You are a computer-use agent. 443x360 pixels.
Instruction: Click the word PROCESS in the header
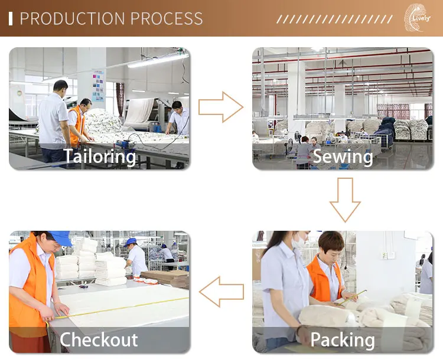click(167, 18)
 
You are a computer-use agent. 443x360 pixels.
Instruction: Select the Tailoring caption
click(100, 156)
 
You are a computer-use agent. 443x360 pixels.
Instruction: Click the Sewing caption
click(343, 156)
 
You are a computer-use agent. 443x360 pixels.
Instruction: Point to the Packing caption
click(343, 340)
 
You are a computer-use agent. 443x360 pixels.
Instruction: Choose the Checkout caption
click(99, 340)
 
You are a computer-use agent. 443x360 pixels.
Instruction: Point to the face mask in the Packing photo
click(299, 241)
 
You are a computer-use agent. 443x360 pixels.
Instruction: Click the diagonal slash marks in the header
click(334, 19)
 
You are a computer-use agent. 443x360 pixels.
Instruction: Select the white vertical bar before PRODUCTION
click(11, 18)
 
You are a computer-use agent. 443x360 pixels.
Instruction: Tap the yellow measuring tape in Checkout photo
click(118, 309)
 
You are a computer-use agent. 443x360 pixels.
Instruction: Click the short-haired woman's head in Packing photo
click(330, 243)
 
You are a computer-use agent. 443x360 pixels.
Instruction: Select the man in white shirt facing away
click(54, 118)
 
